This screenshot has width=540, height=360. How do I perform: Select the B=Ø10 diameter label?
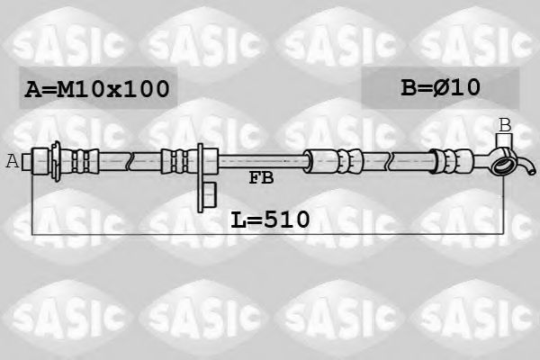pyautogui.click(x=440, y=87)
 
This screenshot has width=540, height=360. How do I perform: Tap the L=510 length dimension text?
pyautogui.click(x=270, y=218)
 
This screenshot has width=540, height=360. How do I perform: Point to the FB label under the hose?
pyautogui.click(x=261, y=178)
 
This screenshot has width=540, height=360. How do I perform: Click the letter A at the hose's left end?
pyautogui.click(x=13, y=162)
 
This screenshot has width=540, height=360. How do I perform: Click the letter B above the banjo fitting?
pyautogui.click(x=505, y=125)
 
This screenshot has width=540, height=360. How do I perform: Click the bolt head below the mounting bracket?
pyautogui.click(x=209, y=192)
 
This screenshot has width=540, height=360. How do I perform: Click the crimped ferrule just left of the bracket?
pyautogui.click(x=176, y=162)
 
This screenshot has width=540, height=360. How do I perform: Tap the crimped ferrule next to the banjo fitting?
pyautogui.click(x=446, y=162)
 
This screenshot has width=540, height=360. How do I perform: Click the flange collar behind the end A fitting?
pyautogui.click(x=58, y=162)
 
